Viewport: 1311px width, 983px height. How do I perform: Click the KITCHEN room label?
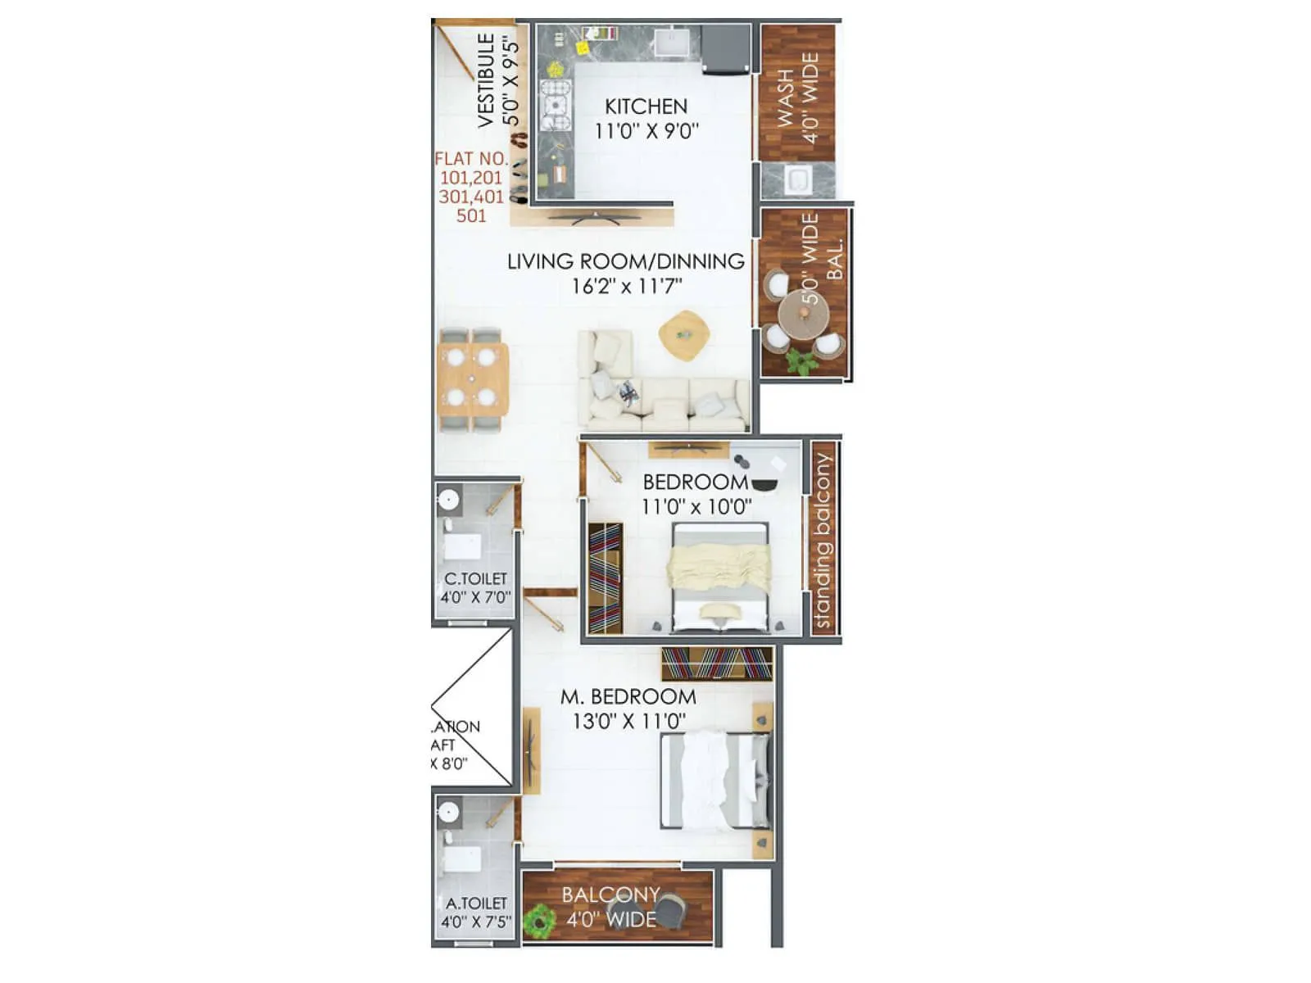[646, 106]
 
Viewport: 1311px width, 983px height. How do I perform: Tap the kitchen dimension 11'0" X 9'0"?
[646, 131]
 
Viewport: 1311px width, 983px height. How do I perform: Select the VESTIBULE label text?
[486, 80]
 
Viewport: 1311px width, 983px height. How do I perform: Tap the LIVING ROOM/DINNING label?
[626, 262]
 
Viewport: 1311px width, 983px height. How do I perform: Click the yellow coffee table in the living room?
[683, 334]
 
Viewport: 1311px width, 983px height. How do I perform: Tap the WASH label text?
[785, 98]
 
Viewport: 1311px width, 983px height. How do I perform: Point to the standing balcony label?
[822, 541]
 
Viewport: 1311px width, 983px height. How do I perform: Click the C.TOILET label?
[475, 578]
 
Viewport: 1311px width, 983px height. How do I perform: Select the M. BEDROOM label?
[628, 697]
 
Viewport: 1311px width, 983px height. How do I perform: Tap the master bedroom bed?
[716, 781]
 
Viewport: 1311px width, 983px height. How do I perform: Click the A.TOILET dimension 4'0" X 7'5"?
[476, 922]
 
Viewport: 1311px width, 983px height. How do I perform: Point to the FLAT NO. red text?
[471, 159]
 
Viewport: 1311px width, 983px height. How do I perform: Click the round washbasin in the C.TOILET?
[448, 499]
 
